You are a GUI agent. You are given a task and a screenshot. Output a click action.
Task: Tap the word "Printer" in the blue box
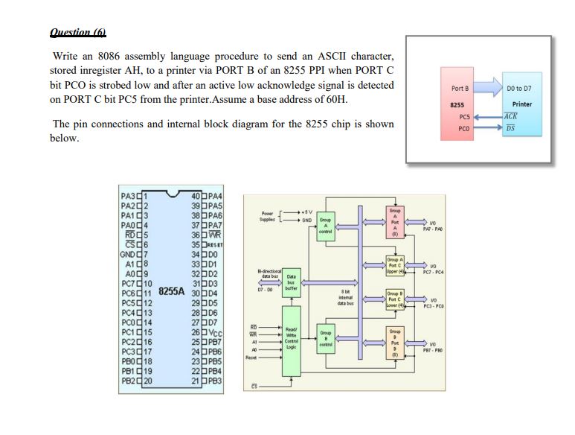[522, 104]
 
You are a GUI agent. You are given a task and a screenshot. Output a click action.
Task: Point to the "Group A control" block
[326, 226]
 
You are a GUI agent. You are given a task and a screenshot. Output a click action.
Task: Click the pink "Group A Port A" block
[395, 220]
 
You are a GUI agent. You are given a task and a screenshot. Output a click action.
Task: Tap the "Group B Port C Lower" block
[395, 299]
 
